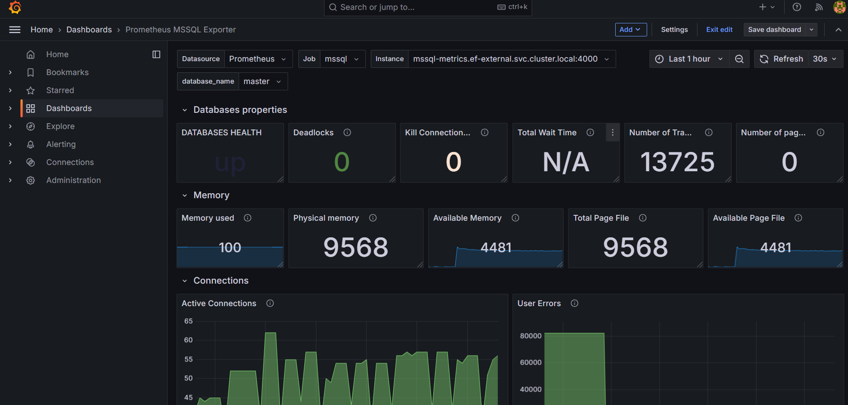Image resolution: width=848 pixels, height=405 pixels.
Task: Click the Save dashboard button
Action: pyautogui.click(x=774, y=30)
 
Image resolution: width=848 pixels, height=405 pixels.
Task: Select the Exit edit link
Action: pyautogui.click(x=719, y=30)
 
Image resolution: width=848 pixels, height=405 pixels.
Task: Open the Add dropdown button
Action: pyautogui.click(x=630, y=30)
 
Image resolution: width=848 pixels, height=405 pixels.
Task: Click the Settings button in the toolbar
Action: pyautogui.click(x=674, y=30)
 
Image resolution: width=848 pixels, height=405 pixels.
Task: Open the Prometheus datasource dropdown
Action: pyautogui.click(x=258, y=59)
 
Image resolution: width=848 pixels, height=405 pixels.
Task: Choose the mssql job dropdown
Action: pyautogui.click(x=342, y=59)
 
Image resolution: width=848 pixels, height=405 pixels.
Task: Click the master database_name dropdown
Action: pyautogui.click(x=262, y=81)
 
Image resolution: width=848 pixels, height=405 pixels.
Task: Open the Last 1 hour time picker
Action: pyautogui.click(x=689, y=59)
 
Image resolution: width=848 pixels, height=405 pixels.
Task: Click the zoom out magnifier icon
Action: pyautogui.click(x=739, y=59)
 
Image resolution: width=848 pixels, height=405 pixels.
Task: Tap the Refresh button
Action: pyautogui.click(x=781, y=59)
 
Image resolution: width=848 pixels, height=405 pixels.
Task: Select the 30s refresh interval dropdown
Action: pyautogui.click(x=825, y=59)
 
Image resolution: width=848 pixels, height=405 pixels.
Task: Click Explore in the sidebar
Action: pyautogui.click(x=60, y=126)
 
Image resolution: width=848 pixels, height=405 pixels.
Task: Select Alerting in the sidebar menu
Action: pyautogui.click(x=61, y=144)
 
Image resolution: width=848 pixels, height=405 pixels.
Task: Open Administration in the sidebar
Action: pyautogui.click(x=73, y=180)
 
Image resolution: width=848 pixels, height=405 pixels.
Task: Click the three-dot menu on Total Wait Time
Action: pyautogui.click(x=613, y=133)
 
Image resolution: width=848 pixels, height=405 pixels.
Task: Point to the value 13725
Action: pyautogui.click(x=677, y=162)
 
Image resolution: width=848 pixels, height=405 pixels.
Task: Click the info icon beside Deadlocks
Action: pyautogui.click(x=347, y=133)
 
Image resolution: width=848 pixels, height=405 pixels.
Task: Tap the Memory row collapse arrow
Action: pyautogui.click(x=185, y=196)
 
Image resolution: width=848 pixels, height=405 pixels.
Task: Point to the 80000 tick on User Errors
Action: pyautogui.click(x=531, y=336)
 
